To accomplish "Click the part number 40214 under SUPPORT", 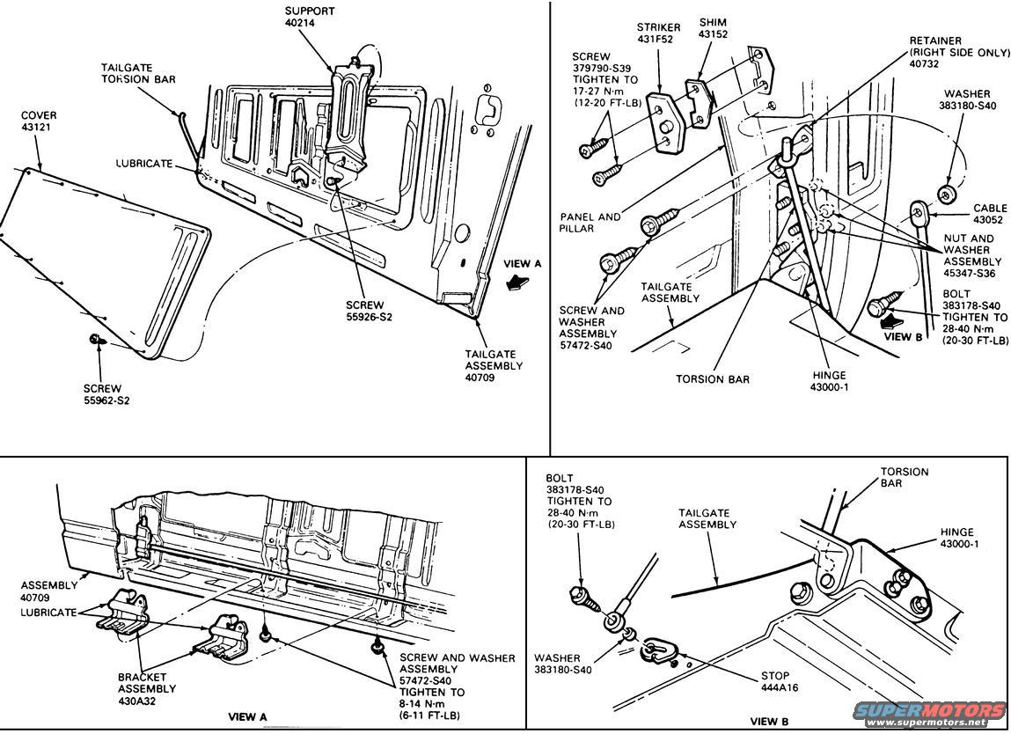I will click(300, 23).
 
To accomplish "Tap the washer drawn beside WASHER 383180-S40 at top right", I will click(947, 193).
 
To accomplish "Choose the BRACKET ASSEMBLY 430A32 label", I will click(146, 689).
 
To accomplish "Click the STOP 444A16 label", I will click(779, 682).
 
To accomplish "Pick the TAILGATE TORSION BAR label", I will click(136, 72).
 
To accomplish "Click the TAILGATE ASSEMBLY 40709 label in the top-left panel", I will click(493, 365).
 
